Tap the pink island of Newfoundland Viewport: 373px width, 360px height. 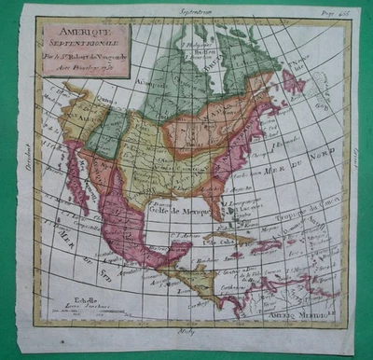293,82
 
